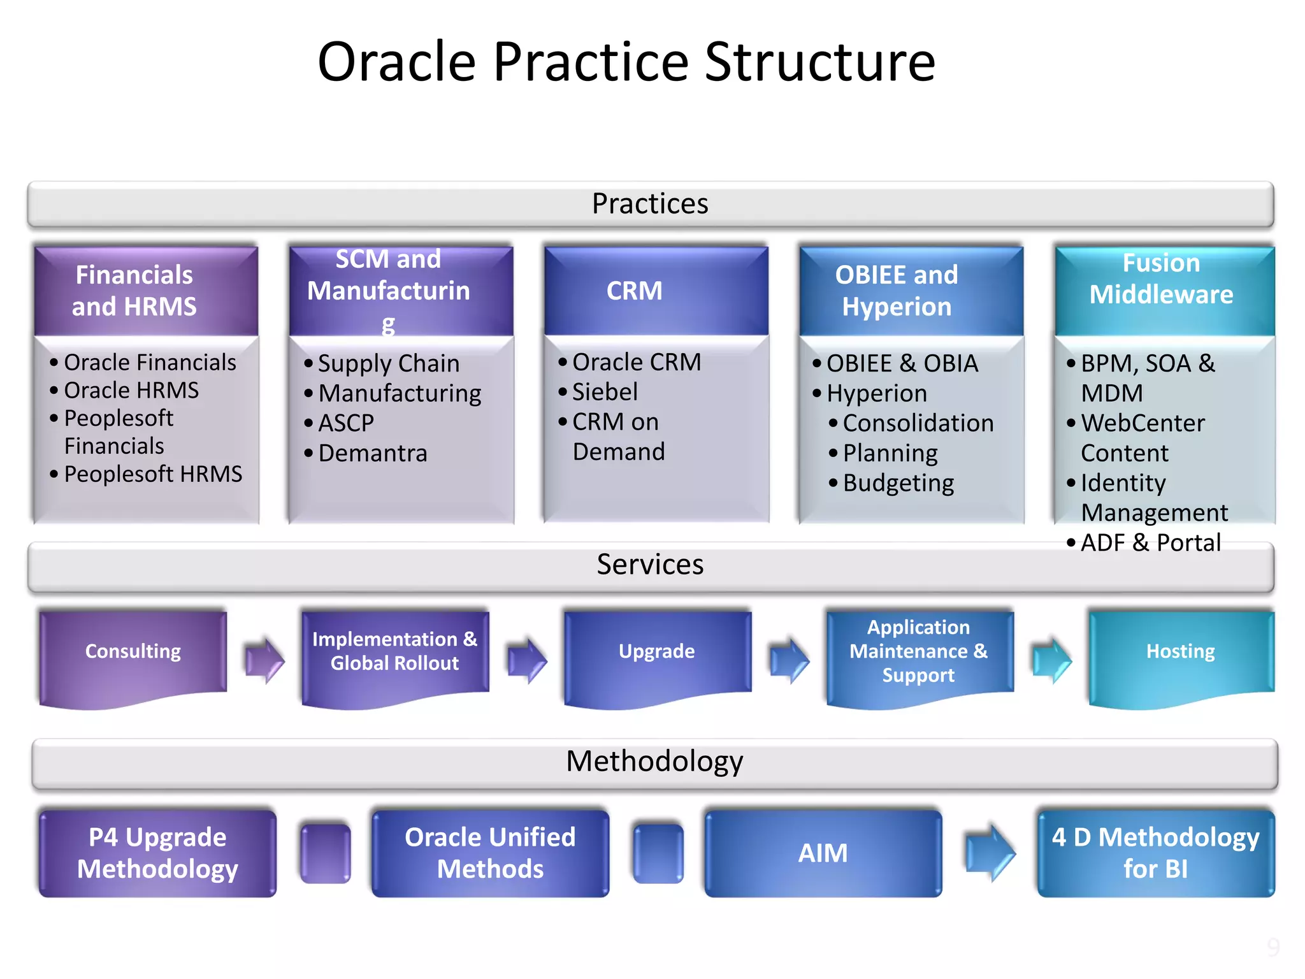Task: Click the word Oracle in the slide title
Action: (x=396, y=62)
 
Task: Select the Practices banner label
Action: (x=650, y=204)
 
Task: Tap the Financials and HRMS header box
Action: (x=134, y=291)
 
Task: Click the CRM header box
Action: (x=634, y=291)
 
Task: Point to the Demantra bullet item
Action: (x=373, y=453)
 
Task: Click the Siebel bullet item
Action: (x=605, y=392)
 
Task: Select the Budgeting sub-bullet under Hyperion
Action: (x=898, y=483)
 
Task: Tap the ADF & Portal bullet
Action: (x=1150, y=543)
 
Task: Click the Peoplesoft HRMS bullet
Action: (x=153, y=474)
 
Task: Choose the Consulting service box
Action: (x=133, y=651)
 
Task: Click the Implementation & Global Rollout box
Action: (x=394, y=651)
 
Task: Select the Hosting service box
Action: (x=1180, y=651)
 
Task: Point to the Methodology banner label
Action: (x=654, y=762)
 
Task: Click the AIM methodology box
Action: (x=823, y=853)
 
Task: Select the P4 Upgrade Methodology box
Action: (x=157, y=853)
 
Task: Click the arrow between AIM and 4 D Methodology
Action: (x=990, y=853)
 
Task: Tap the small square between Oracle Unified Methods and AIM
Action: (x=658, y=853)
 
